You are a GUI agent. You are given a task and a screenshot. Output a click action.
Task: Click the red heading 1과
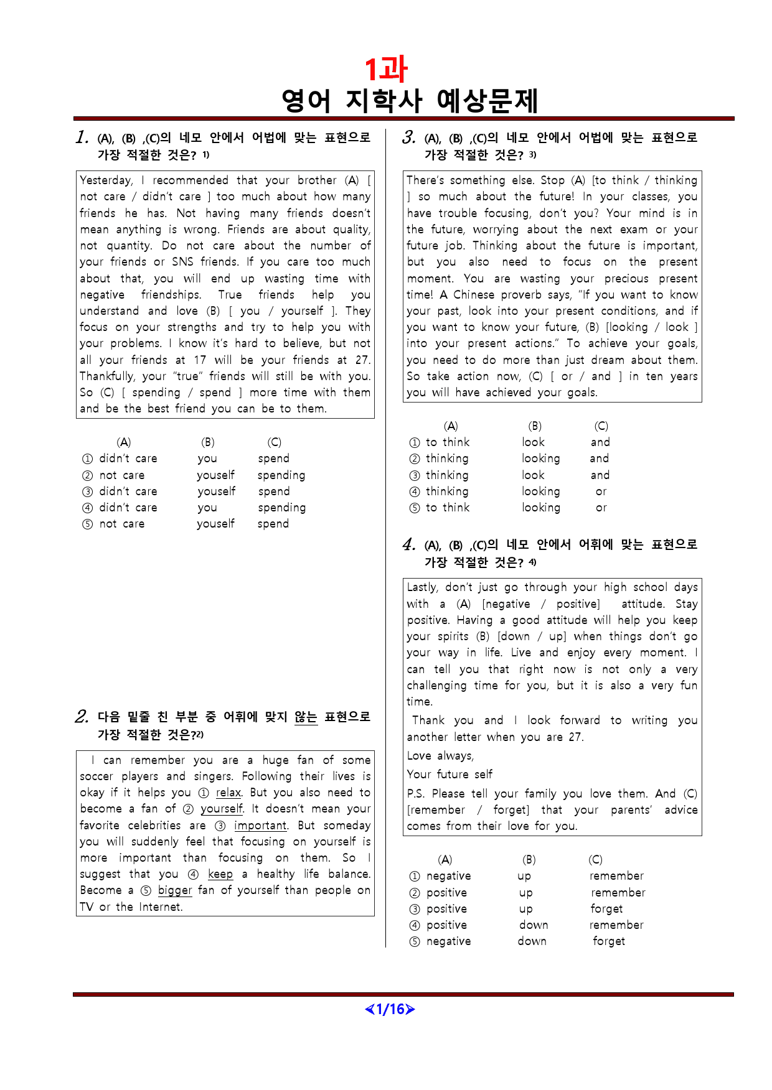(x=385, y=69)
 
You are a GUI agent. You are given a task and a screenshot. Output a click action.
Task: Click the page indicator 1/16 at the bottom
(x=390, y=1009)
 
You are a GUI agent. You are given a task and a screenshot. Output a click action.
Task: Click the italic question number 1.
(x=82, y=137)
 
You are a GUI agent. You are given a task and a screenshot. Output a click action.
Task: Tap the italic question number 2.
(x=82, y=717)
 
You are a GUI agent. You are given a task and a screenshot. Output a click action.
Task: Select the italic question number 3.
(x=408, y=137)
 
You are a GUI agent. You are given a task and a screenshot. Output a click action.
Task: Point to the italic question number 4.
(x=408, y=545)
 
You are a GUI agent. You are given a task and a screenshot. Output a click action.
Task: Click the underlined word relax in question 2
(x=228, y=793)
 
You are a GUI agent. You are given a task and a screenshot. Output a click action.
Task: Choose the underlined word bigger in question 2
(x=175, y=890)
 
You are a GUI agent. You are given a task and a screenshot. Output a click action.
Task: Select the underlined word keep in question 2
(x=220, y=874)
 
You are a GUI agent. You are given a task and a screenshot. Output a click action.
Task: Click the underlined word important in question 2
(x=260, y=826)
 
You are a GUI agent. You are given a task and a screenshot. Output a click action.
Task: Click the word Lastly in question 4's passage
(x=422, y=587)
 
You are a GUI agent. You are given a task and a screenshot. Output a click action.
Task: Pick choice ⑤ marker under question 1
(x=87, y=524)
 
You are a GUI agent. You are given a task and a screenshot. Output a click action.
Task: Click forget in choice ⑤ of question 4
(x=609, y=941)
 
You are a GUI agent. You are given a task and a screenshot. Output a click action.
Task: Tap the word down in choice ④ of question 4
(x=534, y=925)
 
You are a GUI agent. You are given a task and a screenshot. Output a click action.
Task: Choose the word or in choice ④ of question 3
(x=601, y=491)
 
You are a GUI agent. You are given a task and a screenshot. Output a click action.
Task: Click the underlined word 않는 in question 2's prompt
(x=306, y=717)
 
